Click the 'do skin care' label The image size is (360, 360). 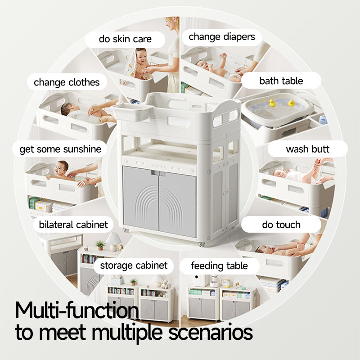(125, 39)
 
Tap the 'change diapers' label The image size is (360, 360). (222, 37)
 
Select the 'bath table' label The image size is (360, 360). (281, 81)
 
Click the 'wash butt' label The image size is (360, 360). (308, 149)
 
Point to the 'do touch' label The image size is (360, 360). (281, 225)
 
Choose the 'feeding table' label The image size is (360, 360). (220, 266)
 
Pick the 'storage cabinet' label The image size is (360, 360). (134, 265)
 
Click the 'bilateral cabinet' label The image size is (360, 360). (73, 225)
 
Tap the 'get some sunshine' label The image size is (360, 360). (60, 149)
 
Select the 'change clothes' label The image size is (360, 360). (67, 82)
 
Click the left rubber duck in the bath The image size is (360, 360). (272, 103)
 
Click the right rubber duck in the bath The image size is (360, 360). (291, 103)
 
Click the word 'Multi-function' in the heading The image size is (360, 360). (76, 310)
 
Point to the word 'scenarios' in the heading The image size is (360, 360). (211, 332)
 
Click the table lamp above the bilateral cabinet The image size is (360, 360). (114, 242)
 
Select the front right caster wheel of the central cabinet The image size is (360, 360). (201, 244)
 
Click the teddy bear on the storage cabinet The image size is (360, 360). (164, 284)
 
